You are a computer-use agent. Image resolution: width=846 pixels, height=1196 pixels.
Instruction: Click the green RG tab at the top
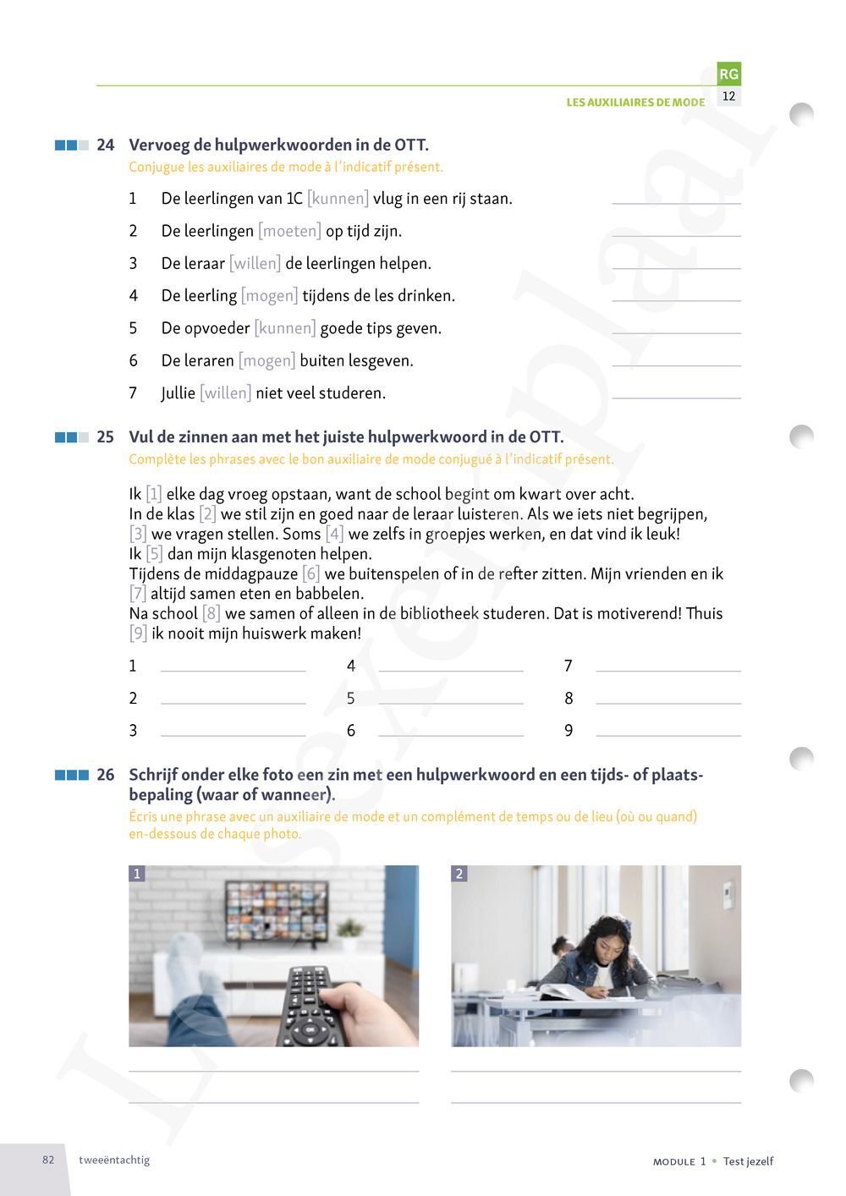(728, 74)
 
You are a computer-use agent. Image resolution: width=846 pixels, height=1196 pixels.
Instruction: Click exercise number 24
(105, 145)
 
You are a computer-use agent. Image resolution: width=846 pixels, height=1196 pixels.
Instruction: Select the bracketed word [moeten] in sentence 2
(289, 231)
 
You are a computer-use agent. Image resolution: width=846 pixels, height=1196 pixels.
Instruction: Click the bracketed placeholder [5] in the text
(154, 554)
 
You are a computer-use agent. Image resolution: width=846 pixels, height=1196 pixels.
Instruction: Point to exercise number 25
(105, 437)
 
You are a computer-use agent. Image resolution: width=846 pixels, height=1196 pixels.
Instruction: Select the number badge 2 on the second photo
(459, 874)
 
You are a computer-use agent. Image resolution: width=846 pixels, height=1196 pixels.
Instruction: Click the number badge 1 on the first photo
(137, 874)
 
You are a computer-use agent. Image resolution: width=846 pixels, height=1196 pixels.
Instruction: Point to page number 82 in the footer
(48, 1160)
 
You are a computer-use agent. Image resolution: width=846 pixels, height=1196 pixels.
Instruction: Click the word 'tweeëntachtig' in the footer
(114, 1160)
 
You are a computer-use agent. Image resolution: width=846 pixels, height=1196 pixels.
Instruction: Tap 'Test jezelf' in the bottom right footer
(749, 1161)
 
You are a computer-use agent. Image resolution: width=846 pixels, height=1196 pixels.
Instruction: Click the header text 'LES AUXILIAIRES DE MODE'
(635, 102)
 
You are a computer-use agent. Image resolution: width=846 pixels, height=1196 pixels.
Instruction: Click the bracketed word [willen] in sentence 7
(225, 393)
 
